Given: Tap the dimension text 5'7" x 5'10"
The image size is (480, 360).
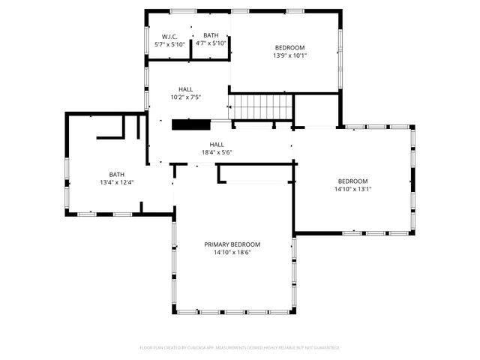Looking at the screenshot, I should [x=169, y=44].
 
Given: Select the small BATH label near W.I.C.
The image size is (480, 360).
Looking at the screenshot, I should [x=211, y=35].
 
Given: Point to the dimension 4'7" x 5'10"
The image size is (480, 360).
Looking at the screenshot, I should [x=211, y=43].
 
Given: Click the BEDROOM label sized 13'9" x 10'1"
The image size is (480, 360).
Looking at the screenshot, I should [x=289, y=48].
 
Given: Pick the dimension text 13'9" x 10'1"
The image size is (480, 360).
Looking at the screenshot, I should [x=289, y=55].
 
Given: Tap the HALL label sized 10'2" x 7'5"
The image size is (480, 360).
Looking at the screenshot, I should [x=185, y=89].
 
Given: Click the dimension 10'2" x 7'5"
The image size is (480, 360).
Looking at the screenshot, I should [x=185, y=97].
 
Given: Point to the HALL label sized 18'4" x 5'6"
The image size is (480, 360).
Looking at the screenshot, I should [x=216, y=145].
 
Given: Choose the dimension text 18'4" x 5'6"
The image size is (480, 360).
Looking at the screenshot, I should [x=216, y=152].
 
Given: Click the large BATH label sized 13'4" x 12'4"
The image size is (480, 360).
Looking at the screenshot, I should [x=116, y=175].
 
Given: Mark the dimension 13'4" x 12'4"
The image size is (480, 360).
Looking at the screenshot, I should [x=116, y=182].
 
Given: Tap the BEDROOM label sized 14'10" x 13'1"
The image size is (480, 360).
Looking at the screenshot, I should [x=352, y=181].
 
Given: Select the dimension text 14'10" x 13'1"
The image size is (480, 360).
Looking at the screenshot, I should [x=352, y=189].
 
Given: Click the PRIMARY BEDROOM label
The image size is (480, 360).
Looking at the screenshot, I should [x=232, y=244].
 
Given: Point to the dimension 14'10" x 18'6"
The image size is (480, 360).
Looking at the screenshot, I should [x=232, y=253].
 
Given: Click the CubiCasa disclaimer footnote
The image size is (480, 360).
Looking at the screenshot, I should [x=239, y=348].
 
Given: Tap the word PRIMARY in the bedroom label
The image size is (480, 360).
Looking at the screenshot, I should [x=218, y=244].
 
